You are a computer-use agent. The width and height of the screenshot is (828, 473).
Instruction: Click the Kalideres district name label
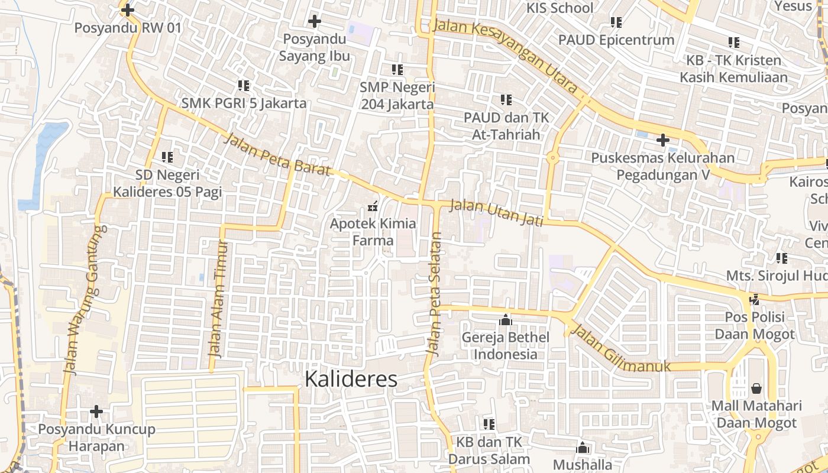click(351, 380)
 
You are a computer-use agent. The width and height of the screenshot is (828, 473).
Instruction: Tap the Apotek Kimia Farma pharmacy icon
click(373, 206)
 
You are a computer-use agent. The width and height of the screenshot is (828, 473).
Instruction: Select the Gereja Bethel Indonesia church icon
click(505, 320)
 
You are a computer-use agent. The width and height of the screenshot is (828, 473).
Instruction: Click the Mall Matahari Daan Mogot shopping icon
click(756, 388)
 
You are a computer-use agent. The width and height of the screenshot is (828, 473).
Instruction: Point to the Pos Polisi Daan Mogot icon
click(755, 299)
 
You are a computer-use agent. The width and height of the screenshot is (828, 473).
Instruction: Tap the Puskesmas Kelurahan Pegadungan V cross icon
click(663, 140)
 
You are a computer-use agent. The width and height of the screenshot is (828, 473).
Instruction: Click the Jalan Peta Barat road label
click(277, 155)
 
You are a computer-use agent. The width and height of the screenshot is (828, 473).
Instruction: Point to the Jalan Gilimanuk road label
click(622, 350)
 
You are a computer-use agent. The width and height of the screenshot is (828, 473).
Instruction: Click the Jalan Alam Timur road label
click(218, 299)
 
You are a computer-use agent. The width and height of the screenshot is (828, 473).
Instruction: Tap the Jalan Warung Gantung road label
click(83, 299)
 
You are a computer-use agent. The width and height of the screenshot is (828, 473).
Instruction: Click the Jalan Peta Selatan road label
click(435, 294)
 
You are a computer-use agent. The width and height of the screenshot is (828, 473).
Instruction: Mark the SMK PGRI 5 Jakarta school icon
click(243, 86)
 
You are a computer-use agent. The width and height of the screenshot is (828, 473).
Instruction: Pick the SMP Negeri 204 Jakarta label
click(397, 96)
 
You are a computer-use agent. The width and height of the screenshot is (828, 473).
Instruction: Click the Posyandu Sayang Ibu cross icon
click(315, 22)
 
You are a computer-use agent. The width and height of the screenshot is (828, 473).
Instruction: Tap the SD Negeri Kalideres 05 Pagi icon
click(167, 157)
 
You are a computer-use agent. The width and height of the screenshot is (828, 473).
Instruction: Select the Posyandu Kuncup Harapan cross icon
click(96, 411)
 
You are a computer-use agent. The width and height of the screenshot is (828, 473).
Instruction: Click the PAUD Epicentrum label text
click(616, 40)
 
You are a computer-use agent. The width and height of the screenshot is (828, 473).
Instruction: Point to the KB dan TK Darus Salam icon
click(489, 424)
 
